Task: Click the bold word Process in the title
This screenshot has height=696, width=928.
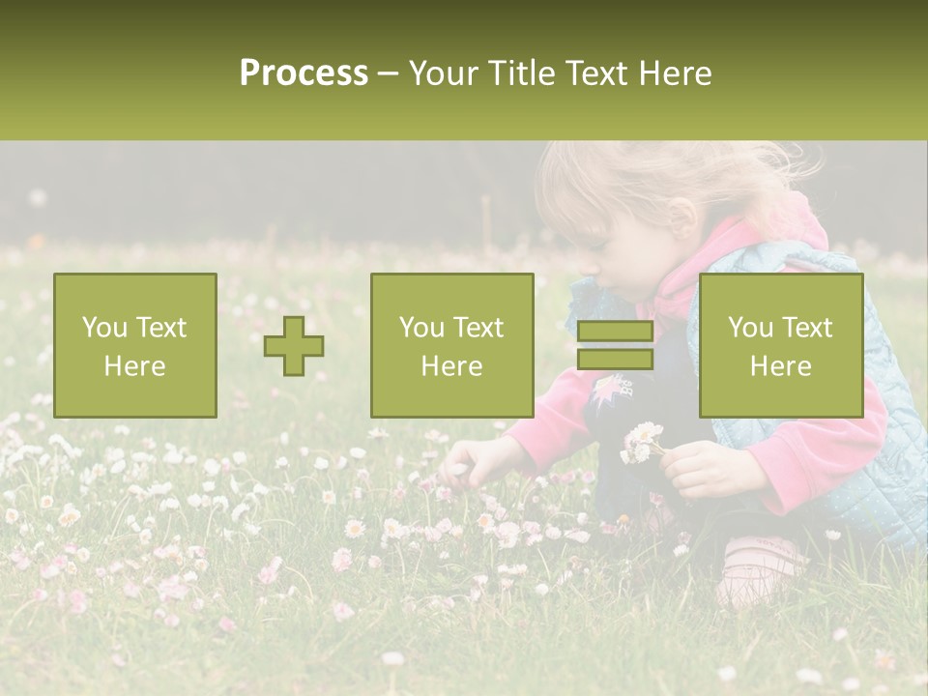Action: [304, 73]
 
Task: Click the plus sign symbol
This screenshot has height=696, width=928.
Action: [294, 346]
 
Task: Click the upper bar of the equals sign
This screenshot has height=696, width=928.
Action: [615, 333]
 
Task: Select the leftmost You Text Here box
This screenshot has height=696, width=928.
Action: [135, 345]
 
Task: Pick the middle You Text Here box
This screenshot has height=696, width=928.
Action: [451, 345]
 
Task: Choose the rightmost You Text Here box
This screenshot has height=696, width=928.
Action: [781, 345]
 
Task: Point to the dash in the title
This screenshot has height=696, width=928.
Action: [389, 73]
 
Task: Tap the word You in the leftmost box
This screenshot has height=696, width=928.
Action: [103, 328]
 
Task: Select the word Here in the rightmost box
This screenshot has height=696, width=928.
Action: [781, 366]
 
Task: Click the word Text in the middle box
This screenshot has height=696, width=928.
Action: [478, 328]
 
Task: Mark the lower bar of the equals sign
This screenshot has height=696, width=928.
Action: [615, 360]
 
